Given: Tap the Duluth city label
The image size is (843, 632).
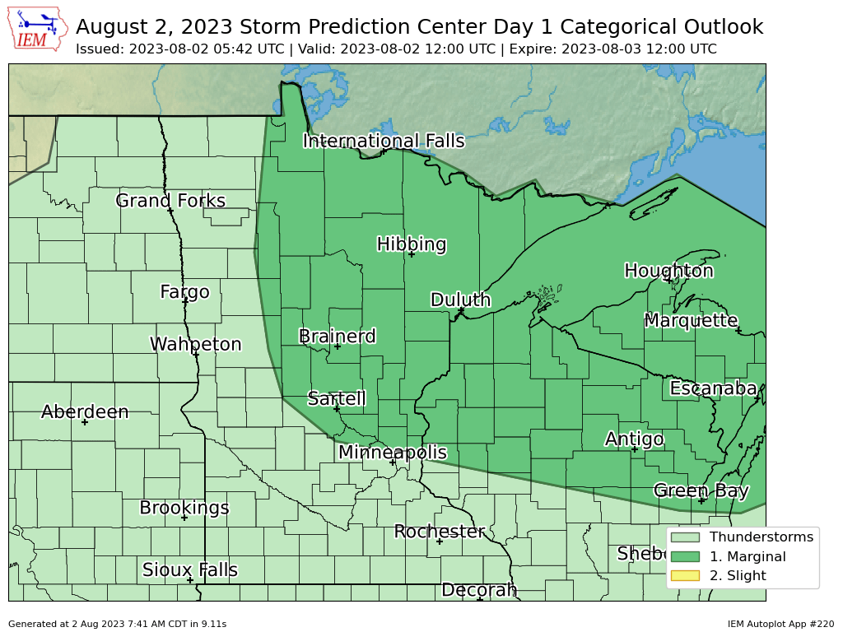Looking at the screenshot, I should (460, 300).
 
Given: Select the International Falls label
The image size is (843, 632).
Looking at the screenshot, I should (384, 141).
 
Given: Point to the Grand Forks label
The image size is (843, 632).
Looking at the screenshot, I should (170, 201).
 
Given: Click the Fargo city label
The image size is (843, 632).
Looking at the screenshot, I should (184, 291).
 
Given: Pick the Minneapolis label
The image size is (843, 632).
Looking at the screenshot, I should (393, 452).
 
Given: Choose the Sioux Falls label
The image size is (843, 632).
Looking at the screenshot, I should (190, 569).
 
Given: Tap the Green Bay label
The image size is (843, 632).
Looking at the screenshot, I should (701, 490).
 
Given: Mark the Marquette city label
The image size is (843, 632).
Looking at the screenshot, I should (691, 320).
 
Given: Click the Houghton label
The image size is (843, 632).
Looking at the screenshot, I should (668, 271).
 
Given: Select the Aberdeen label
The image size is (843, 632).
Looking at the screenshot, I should (85, 411).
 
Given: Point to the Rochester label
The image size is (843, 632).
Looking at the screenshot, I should (440, 532).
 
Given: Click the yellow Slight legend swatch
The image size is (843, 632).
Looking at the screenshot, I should (685, 575).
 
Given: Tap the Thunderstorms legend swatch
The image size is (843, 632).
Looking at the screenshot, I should (685, 537).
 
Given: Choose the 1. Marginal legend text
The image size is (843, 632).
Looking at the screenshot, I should (748, 556).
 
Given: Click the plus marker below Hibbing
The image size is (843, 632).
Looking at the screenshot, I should (411, 254).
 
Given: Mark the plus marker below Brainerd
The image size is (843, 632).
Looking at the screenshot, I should (338, 346).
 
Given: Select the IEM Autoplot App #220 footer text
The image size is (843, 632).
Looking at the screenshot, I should (780, 624).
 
